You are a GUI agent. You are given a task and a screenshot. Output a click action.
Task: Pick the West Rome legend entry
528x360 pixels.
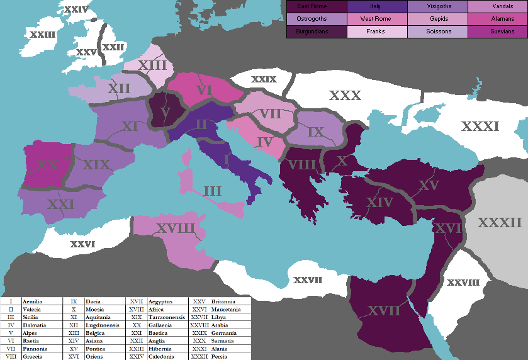376,19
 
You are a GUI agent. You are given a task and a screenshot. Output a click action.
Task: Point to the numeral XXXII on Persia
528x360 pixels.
500,222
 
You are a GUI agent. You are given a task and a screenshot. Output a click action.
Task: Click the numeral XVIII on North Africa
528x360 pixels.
176,228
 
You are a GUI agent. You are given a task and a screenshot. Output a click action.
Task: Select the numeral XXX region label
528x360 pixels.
345,96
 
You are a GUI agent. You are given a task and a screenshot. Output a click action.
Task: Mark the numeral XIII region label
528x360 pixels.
152,65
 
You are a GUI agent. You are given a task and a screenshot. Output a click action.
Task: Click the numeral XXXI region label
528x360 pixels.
480,127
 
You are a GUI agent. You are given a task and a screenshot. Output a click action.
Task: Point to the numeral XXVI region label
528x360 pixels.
82,244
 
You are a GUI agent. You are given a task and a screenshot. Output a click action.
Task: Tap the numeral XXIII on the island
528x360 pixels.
42,35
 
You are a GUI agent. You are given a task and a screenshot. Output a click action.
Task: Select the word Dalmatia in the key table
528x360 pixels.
35,325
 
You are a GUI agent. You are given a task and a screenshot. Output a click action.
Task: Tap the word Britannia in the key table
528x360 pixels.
223,302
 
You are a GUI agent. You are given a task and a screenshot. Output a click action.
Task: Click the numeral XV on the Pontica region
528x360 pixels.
428,186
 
